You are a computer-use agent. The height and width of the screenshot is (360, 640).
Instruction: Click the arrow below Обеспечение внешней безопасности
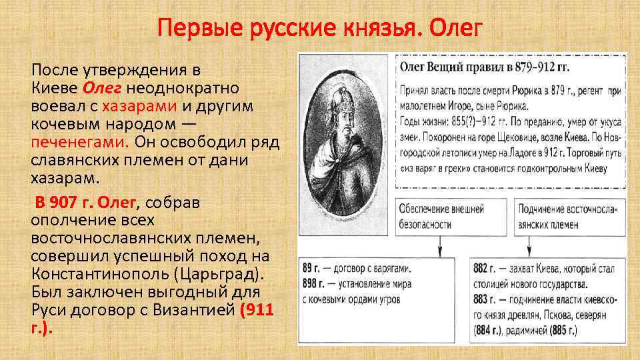click(439, 246)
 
